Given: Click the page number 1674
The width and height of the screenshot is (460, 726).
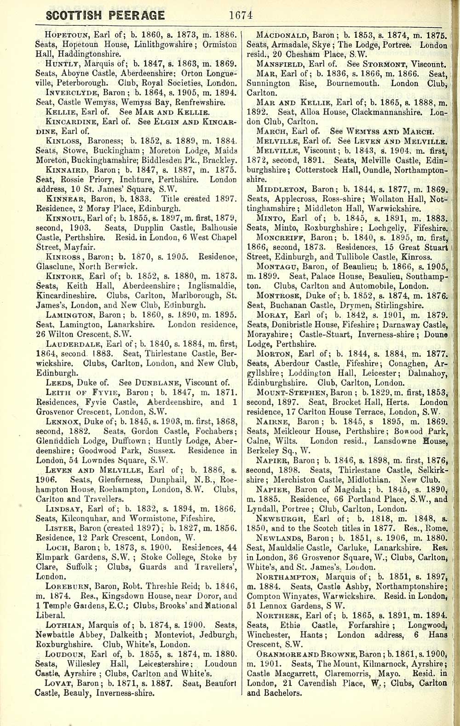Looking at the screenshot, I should point(241,15).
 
